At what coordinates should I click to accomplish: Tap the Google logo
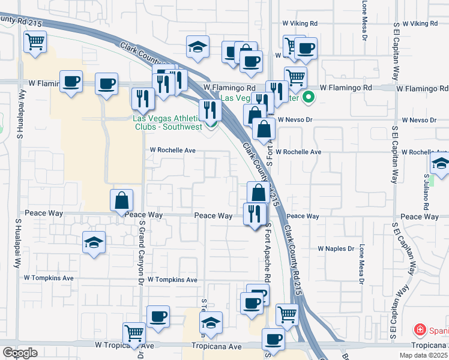coord(20,353)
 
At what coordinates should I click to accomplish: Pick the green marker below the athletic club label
coord(211,125)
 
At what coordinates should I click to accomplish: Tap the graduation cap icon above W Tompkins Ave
coord(94,242)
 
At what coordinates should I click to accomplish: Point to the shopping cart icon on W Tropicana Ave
coord(134,333)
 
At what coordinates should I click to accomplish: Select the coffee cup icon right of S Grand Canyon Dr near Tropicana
coord(158,316)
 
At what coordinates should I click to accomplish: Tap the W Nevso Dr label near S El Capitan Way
coord(419,120)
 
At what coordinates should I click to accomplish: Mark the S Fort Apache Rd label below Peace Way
coord(268,247)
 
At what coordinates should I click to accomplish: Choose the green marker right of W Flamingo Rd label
coord(309,97)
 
